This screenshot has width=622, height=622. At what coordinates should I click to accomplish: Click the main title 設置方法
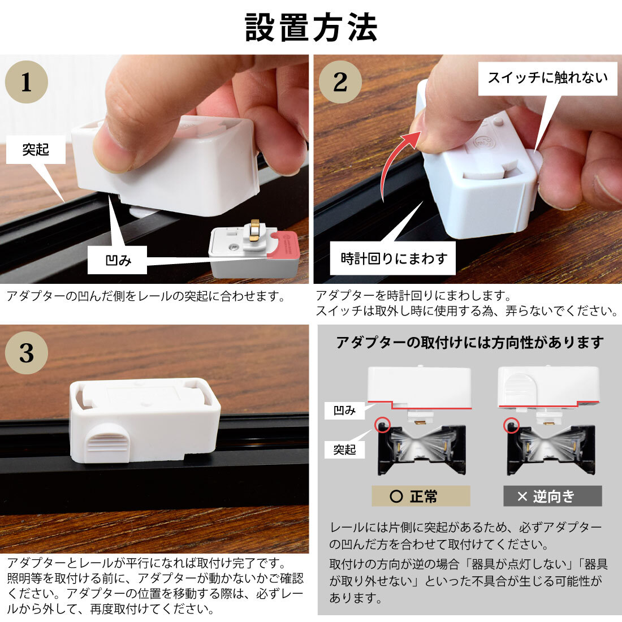pos(311,27)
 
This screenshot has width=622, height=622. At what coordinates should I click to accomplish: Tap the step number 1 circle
pos(27,82)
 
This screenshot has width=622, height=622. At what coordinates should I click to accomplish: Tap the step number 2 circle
pos(340,82)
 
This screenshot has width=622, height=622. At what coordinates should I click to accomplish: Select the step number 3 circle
pos(27,353)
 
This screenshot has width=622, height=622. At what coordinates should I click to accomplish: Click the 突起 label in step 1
pos(36,149)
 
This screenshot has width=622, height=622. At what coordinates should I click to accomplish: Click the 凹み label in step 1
pos(118,260)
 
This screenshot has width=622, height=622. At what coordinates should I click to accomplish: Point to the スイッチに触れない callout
pos(548,78)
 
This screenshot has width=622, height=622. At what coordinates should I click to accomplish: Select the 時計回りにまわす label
pos(393,258)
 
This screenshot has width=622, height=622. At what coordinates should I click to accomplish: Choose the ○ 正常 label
pos(421,496)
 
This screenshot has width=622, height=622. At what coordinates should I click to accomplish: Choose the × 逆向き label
pos(552,496)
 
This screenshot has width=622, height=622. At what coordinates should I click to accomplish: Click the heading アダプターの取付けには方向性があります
pos(470,342)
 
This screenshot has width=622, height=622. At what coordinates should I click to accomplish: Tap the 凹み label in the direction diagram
pos(344,411)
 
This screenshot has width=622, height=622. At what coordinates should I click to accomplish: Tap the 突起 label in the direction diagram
pos(344,450)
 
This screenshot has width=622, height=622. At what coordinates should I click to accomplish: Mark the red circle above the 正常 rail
pos(382,425)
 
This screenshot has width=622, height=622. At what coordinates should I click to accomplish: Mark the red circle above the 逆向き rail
pos(511,425)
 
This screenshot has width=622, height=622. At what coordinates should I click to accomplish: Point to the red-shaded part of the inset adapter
pos(282,245)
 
